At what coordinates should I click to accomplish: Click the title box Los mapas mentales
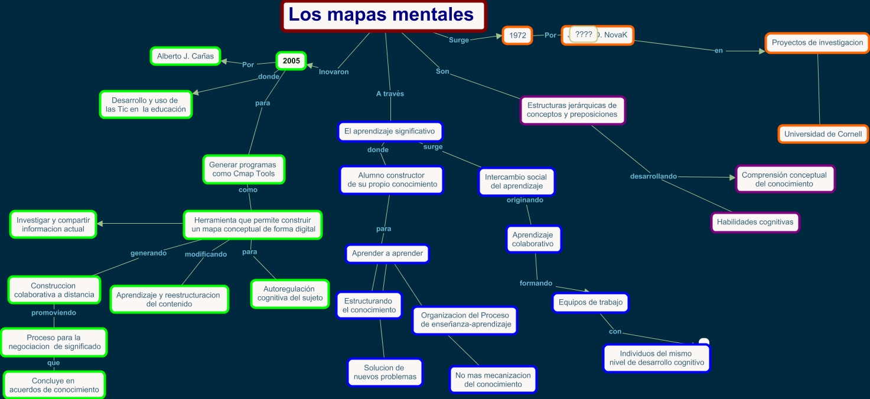pyautogui.click(x=383, y=15)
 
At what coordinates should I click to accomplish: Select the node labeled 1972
pyautogui.click(x=517, y=35)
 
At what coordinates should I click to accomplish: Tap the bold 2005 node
pyautogui.click(x=291, y=61)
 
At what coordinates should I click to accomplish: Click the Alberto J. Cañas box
pyautogui.click(x=185, y=56)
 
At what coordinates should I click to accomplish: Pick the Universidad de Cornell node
pyautogui.click(x=823, y=134)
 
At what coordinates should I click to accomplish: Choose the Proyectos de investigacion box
pyautogui.click(x=817, y=42)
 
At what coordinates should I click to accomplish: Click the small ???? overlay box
pyautogui.click(x=584, y=34)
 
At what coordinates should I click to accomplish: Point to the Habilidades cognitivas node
pyautogui.click(x=755, y=223)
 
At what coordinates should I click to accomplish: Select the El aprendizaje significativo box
pyautogui.click(x=390, y=131)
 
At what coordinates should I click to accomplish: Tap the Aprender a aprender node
pyautogui.click(x=387, y=254)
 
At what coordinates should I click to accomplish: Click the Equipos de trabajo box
pyautogui.click(x=591, y=303)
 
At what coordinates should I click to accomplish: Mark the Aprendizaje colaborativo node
pyautogui.click(x=533, y=239)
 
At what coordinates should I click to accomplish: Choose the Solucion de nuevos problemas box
pyautogui.click(x=385, y=372)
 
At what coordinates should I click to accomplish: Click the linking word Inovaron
pyautogui.click(x=334, y=72)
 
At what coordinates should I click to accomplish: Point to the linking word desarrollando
pyautogui.click(x=653, y=176)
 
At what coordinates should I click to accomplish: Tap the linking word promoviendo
pyautogui.click(x=54, y=313)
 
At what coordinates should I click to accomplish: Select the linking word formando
pyautogui.click(x=536, y=283)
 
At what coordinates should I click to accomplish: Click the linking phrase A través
pyautogui.click(x=390, y=93)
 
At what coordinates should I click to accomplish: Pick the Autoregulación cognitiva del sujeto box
pyautogui.click(x=290, y=293)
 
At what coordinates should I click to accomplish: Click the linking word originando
pyautogui.click(x=524, y=200)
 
